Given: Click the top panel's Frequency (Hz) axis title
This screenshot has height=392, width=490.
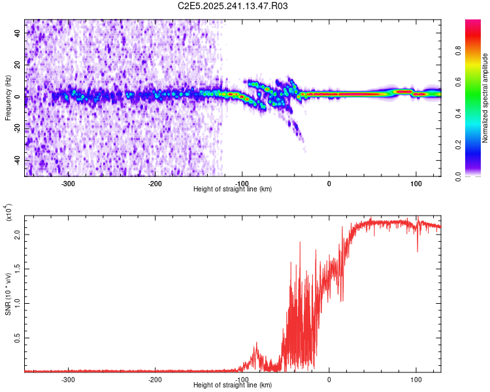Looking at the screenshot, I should [x=8, y=97].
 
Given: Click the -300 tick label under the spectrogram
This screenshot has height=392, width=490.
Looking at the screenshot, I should [x=69, y=183].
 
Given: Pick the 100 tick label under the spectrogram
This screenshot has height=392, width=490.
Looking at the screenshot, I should [x=416, y=183].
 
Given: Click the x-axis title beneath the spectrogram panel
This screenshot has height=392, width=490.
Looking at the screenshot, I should [x=233, y=189].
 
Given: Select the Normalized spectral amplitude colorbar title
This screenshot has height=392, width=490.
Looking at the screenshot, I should [x=485, y=98].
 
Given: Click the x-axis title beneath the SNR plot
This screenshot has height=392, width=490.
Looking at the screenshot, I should [x=233, y=385].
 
